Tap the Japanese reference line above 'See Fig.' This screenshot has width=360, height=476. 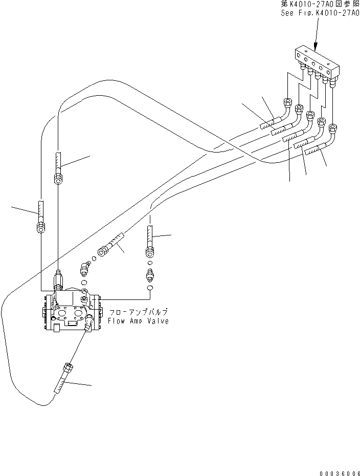[320, 4]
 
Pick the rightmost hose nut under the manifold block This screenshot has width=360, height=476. [333, 127]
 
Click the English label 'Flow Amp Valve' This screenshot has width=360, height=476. [138, 321]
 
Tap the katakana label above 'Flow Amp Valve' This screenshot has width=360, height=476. [138, 312]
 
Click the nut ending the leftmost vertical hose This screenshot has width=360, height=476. [41, 228]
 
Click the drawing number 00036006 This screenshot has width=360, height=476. [339, 471]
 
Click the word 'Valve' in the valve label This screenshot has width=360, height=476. [158, 321]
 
